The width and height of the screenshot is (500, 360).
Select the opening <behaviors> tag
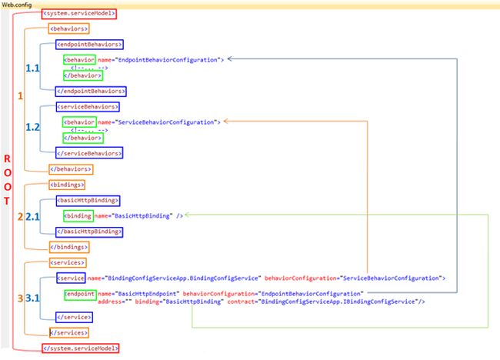point(68,29)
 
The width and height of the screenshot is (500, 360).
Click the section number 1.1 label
point(32,68)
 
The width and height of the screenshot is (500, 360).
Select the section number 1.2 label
point(32,126)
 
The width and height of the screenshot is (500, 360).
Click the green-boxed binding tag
point(78,215)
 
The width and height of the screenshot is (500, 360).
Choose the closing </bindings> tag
point(67,246)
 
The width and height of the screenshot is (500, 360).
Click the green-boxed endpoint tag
point(80,294)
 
